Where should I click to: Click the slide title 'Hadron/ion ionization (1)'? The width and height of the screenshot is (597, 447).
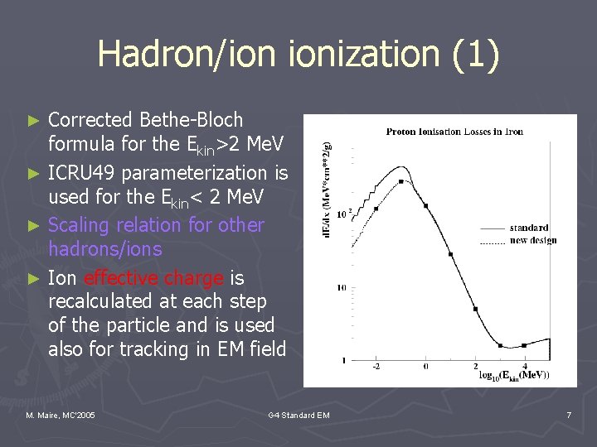point(298,55)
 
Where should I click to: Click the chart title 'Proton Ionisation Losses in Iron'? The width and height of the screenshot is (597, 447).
point(454,132)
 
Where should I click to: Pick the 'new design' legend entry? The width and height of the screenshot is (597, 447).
point(531,240)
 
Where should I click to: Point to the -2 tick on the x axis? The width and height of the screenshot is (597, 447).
point(376,366)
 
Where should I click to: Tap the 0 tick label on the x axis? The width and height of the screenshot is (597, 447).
point(426,366)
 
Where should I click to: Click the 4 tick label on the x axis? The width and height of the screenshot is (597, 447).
point(525,366)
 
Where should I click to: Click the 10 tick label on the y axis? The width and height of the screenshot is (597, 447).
point(339,288)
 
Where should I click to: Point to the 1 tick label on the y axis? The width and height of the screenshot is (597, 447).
point(343,360)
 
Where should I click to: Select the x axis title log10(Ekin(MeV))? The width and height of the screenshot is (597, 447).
point(514,376)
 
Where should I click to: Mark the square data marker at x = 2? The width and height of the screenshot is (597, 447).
point(476,309)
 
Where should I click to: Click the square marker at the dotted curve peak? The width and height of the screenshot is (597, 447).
point(401,181)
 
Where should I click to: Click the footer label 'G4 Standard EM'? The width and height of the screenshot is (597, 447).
point(298,414)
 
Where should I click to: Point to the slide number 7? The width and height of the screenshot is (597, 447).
point(569,414)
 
